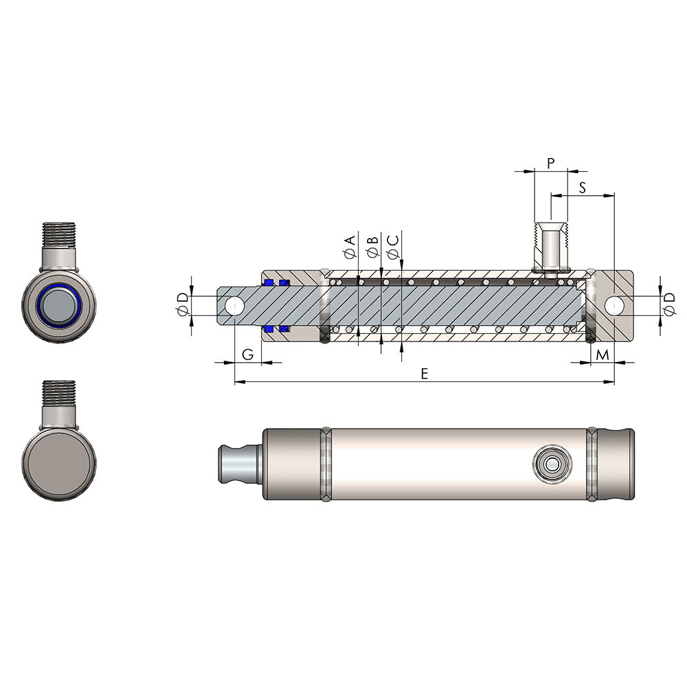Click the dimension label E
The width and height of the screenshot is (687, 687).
424,373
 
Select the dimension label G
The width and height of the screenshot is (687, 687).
249,354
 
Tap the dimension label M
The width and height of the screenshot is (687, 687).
602,354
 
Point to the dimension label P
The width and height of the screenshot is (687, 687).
551,163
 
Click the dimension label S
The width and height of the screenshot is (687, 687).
582,187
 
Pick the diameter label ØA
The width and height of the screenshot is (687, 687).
350,247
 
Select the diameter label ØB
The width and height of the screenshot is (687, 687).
372,247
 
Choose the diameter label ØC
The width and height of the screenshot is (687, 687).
392,247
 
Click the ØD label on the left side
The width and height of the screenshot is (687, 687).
182,304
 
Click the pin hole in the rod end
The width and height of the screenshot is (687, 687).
234,305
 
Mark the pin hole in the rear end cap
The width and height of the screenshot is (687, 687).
613,305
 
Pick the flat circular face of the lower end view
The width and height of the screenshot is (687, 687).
58,462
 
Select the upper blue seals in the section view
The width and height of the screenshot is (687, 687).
275,282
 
